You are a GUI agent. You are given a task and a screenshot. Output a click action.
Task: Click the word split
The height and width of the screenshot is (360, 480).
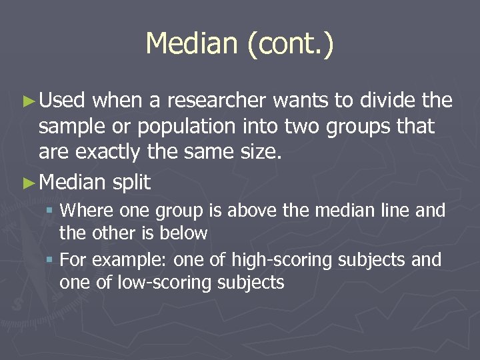(x=133, y=183)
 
